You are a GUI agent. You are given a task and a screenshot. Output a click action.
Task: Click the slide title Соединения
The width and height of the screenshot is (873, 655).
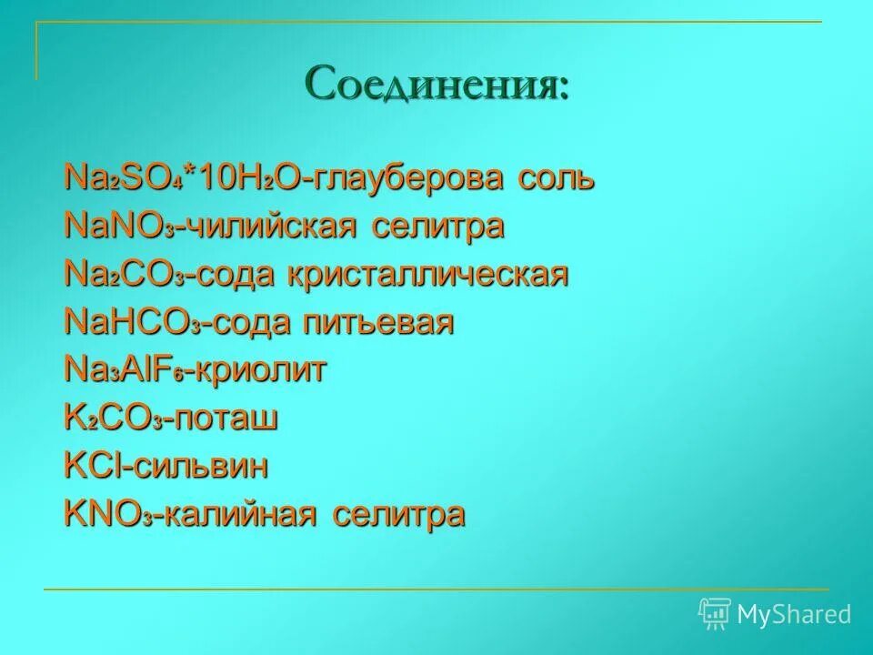coord(437,85)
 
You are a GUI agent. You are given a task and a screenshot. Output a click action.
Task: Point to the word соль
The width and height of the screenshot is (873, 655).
coord(557,177)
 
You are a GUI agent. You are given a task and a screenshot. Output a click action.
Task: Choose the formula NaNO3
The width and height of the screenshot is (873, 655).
coord(119,227)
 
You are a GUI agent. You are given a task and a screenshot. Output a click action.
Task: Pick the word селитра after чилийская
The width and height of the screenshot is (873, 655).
coord(437,227)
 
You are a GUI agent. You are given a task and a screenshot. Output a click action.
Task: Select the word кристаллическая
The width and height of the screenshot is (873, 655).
coord(428,275)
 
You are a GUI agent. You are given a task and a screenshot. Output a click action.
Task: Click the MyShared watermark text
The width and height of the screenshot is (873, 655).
coord(793,615)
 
